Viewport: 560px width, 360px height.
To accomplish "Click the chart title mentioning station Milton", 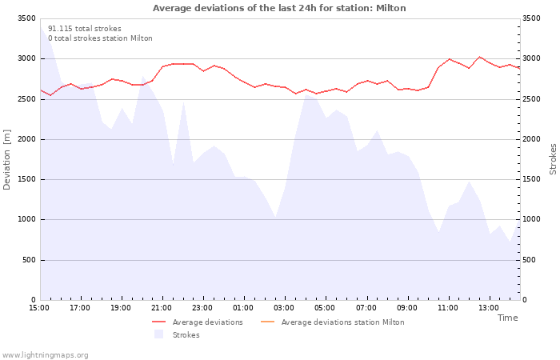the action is coord(279,8).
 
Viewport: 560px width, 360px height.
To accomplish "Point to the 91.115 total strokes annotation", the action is coord(85,29).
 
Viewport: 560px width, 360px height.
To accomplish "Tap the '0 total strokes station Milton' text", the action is coord(100,38).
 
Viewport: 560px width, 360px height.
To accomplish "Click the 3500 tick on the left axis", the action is coord(26,18).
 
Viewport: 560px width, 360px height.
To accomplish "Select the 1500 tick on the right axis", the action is coord(531,179).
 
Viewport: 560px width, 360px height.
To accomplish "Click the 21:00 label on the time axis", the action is coord(162,308).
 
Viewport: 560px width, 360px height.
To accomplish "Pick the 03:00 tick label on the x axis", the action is coord(284,308).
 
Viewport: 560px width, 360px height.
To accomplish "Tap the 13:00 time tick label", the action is coord(489,308).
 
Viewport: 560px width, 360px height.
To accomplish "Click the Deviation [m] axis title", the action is coord(6,160).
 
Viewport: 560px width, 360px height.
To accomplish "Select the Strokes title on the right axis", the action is coord(553,159).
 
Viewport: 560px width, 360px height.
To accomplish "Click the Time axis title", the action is coord(507,318).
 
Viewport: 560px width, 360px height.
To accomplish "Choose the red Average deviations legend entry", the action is coord(198,322).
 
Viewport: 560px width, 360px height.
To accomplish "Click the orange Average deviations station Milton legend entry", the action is coord(333,322).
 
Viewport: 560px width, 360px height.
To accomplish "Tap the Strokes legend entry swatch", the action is coord(158,334).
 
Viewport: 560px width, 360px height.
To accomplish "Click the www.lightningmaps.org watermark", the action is coord(45,355).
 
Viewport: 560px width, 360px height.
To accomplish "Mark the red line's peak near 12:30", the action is coord(479,57).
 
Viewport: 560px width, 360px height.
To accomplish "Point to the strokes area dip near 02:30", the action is coord(275,217).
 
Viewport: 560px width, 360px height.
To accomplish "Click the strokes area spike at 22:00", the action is coord(183,102).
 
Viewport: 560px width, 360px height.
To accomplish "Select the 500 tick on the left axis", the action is coord(29,260).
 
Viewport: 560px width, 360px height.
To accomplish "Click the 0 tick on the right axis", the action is coord(524,300).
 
